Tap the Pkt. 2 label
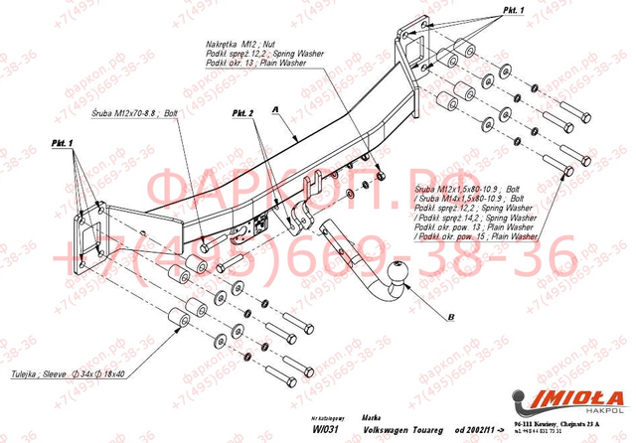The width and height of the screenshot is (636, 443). [244, 115]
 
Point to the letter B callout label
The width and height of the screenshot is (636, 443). [450, 317]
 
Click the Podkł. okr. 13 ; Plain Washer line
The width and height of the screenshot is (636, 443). [247, 62]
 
